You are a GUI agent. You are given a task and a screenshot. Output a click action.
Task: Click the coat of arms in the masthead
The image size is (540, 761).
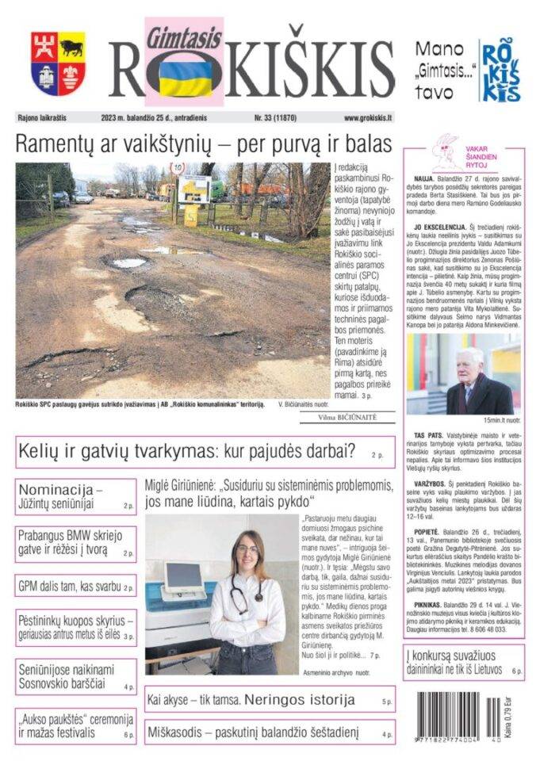[58, 63]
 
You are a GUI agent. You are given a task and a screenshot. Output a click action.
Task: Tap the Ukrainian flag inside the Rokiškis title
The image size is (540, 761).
[186, 78]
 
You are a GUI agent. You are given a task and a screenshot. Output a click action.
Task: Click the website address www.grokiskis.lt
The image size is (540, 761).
[367, 117]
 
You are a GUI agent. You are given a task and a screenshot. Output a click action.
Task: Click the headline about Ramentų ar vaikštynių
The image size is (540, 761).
[204, 145]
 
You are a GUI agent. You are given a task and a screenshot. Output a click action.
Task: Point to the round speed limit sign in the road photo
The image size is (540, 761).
[178, 168]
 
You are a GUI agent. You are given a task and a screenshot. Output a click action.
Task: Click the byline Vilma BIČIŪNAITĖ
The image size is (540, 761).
[347, 417]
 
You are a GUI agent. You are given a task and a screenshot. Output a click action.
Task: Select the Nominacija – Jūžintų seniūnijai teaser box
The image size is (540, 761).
[75, 495]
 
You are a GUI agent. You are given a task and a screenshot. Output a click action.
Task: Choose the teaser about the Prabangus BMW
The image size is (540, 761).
[75, 543]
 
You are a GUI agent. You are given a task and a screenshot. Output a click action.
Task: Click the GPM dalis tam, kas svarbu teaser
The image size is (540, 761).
[75, 587]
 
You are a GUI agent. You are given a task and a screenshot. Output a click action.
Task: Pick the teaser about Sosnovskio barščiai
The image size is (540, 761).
[75, 676]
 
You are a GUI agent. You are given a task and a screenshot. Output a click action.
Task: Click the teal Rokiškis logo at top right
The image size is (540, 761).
[503, 70]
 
